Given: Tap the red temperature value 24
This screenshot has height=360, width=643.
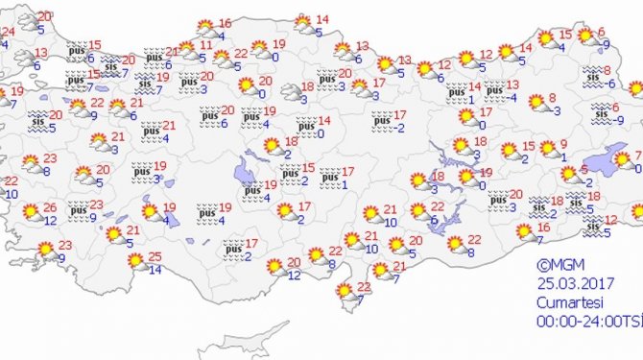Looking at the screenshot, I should tap(8, 32).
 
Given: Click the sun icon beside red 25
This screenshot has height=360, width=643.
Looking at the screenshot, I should tap(134, 260).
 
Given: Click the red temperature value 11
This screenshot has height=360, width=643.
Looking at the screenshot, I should tap(206, 45).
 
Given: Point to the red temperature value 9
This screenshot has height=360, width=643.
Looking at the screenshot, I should tap(564, 145).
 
